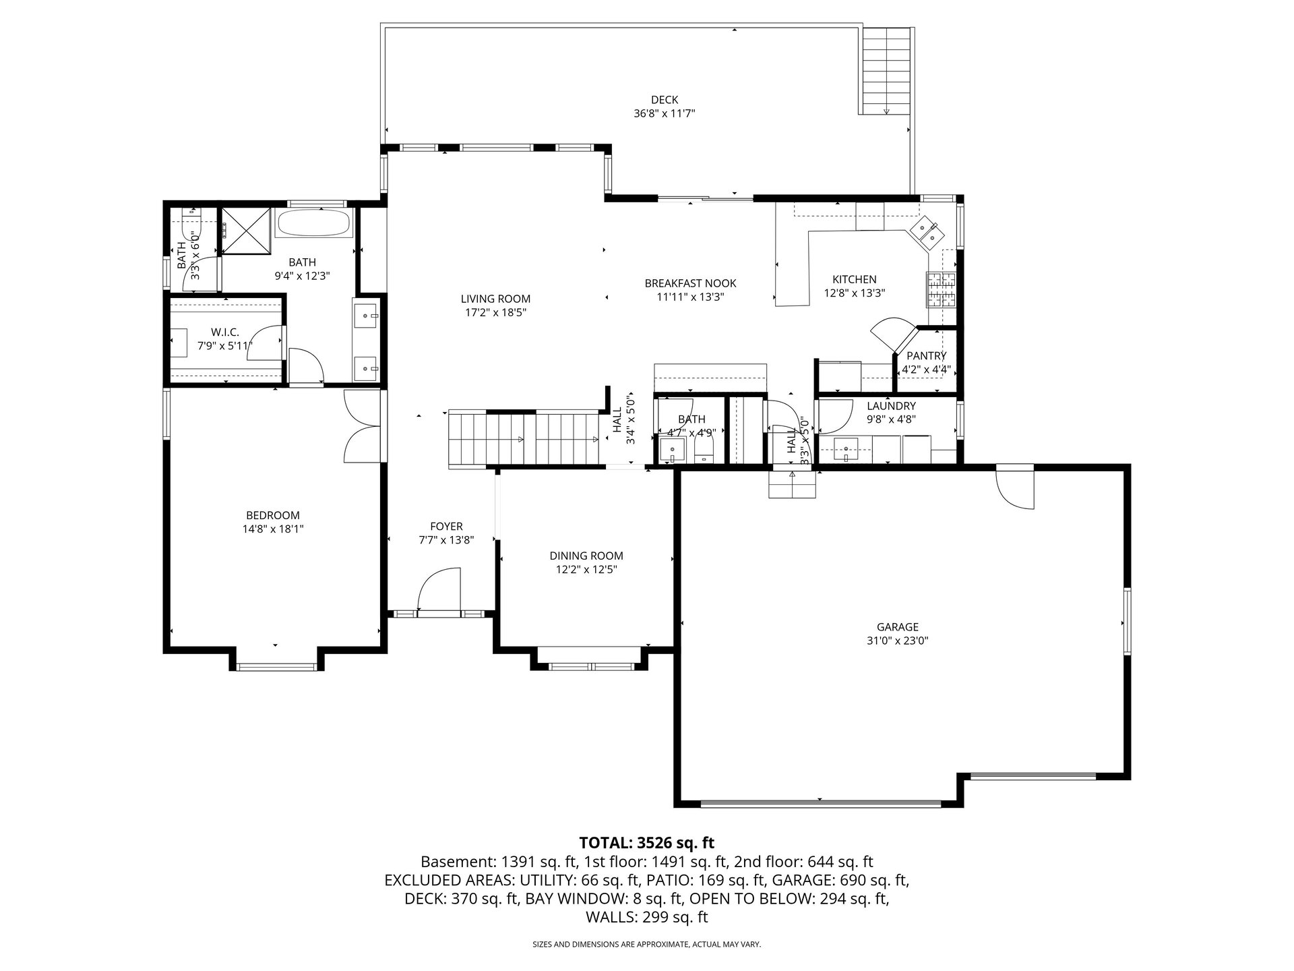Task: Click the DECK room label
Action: (665, 100)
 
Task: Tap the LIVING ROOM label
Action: (495, 299)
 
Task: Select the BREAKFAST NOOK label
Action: (690, 284)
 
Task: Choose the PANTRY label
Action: (926, 356)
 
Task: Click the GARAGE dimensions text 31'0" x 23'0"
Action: (898, 641)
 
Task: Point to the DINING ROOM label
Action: (586, 556)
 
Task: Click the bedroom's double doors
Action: (362, 426)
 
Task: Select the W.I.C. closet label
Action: (225, 332)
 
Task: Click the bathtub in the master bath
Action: (313, 223)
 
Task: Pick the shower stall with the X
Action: (245, 230)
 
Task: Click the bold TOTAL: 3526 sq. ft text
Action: (647, 843)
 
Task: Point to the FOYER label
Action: (446, 527)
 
